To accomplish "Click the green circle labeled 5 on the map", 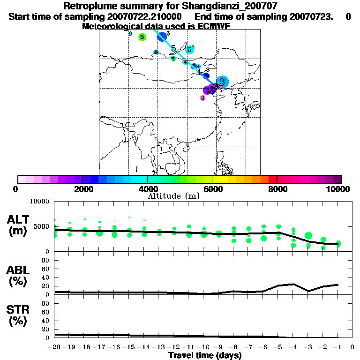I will pos(142,37).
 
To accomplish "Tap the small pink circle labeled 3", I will pos(202,98).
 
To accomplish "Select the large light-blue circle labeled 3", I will pos(223,82).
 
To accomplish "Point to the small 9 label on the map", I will pos(130,34).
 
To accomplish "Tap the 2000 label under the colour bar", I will pos(82,189).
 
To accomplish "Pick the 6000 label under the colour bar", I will pos(212,189).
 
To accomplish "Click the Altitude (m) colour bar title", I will pos(173,196).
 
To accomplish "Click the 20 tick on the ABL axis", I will pos(46,286).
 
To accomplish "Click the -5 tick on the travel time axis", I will pos(278,347).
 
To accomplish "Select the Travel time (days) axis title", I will pos(205,356).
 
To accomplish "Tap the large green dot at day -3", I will pos(308,236).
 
